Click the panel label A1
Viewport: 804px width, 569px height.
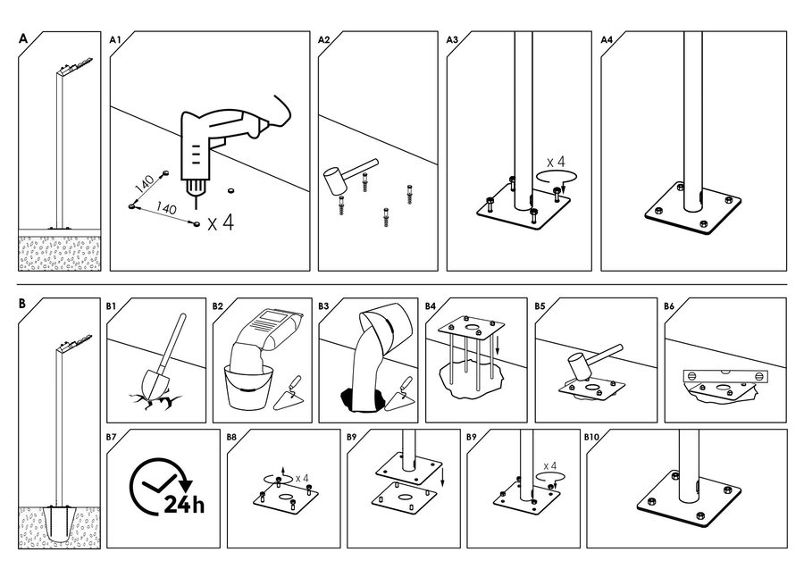114,39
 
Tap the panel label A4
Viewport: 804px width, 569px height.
607,39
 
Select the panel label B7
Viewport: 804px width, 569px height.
112,438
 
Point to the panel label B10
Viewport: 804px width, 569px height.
591,438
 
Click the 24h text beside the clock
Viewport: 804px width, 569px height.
184,505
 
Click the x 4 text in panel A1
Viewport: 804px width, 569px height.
221,223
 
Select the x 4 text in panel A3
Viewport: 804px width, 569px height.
556,162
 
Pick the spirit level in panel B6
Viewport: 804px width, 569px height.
727,376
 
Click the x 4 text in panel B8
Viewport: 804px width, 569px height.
302,478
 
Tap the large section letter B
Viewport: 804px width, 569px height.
22,304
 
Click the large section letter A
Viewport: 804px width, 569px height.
23,39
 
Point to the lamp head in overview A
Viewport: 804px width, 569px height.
76,65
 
